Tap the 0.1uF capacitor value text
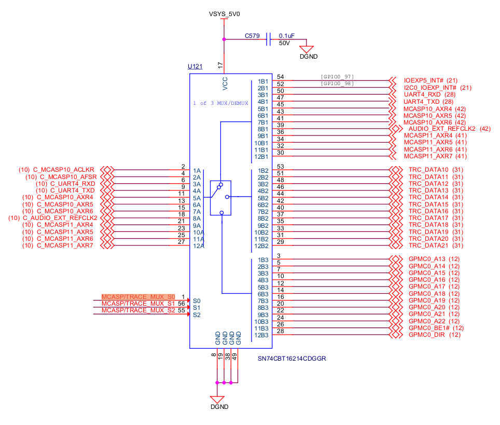287,36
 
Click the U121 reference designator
195,67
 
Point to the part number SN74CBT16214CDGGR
291,359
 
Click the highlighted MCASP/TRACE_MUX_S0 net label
138,296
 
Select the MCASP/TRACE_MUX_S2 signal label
138,310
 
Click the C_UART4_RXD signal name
73,184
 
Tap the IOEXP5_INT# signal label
423,81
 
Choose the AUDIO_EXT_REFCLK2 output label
442,129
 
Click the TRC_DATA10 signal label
428,170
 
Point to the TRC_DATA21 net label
428,245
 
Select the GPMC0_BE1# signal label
429,328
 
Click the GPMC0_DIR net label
427,335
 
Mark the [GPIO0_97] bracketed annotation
337,77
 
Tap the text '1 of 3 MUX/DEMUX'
220,103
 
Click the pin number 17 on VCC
221,65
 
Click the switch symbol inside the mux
221,198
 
